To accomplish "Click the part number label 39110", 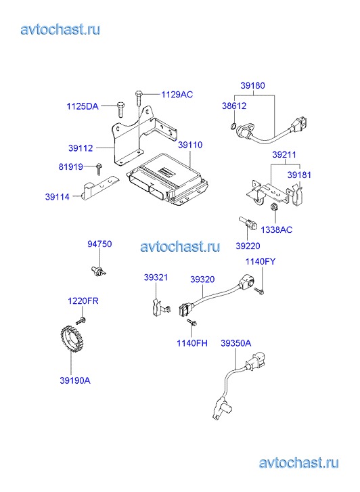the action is (x=190, y=145).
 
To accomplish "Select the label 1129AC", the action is (x=177, y=95).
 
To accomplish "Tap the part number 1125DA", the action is (x=83, y=106).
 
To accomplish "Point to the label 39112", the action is (x=81, y=148).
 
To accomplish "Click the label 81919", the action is (x=70, y=166).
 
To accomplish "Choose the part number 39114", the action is (x=57, y=197).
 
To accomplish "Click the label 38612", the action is (x=234, y=106).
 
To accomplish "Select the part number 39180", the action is (x=252, y=85).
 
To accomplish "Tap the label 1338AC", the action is (x=277, y=229).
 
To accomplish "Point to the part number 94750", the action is (x=99, y=244).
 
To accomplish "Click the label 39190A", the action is (x=75, y=380).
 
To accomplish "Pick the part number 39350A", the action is (x=236, y=343).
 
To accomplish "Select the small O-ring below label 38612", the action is (x=233, y=127).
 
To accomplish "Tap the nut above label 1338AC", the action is (x=273, y=207).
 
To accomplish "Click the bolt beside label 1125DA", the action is (x=120, y=110).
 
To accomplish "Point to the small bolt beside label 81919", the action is (x=99, y=169).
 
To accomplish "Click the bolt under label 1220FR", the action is (x=81, y=321).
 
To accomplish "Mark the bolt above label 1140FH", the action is (x=191, y=322).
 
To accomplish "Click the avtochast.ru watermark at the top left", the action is (x=61, y=30).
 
